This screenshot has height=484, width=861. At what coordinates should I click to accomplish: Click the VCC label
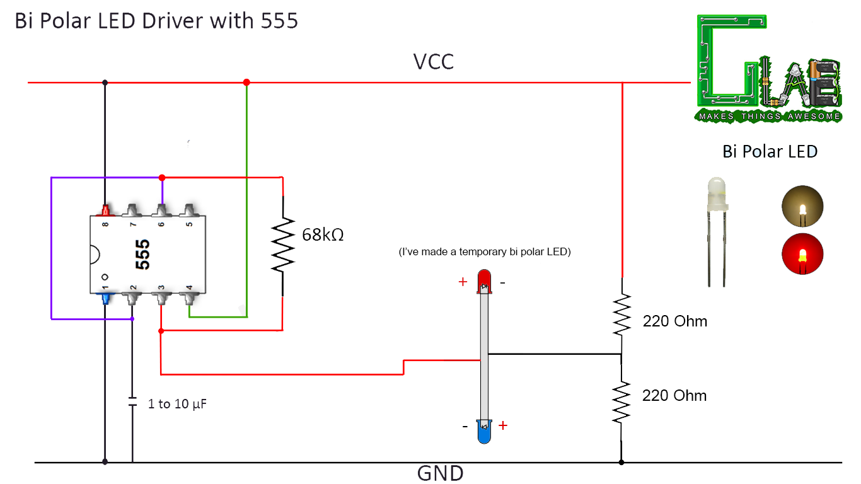pos(433,62)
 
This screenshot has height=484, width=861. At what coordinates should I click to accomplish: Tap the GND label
pos(440,473)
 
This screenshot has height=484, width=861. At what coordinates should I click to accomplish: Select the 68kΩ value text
pos(323,236)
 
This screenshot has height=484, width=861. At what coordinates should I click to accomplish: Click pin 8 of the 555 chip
pos(105,210)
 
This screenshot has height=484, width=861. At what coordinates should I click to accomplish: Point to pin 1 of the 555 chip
pos(105,297)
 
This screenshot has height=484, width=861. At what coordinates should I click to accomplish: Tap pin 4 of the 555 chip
pos(190,297)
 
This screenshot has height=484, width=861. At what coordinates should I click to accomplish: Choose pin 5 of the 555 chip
pos(190,210)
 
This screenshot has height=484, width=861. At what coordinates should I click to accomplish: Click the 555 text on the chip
pos(142,254)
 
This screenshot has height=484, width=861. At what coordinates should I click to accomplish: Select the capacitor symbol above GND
pos(132,401)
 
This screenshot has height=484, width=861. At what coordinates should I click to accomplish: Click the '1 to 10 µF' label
pos(176,404)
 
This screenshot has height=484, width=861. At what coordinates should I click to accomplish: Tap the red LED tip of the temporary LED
pos(484,279)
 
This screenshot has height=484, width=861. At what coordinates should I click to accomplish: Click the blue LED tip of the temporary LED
pos(484,433)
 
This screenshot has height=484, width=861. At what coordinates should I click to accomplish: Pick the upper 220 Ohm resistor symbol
pos(621,314)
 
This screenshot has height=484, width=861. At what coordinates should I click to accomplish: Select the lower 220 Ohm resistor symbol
pos(621,402)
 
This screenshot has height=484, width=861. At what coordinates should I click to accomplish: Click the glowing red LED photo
pos(802,255)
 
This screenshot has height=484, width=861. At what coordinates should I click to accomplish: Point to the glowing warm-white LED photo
pos(802,207)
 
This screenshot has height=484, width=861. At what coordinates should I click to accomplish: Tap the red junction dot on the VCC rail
pos(246,83)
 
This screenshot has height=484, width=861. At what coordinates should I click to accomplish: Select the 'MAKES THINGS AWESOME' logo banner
pos(769,116)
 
